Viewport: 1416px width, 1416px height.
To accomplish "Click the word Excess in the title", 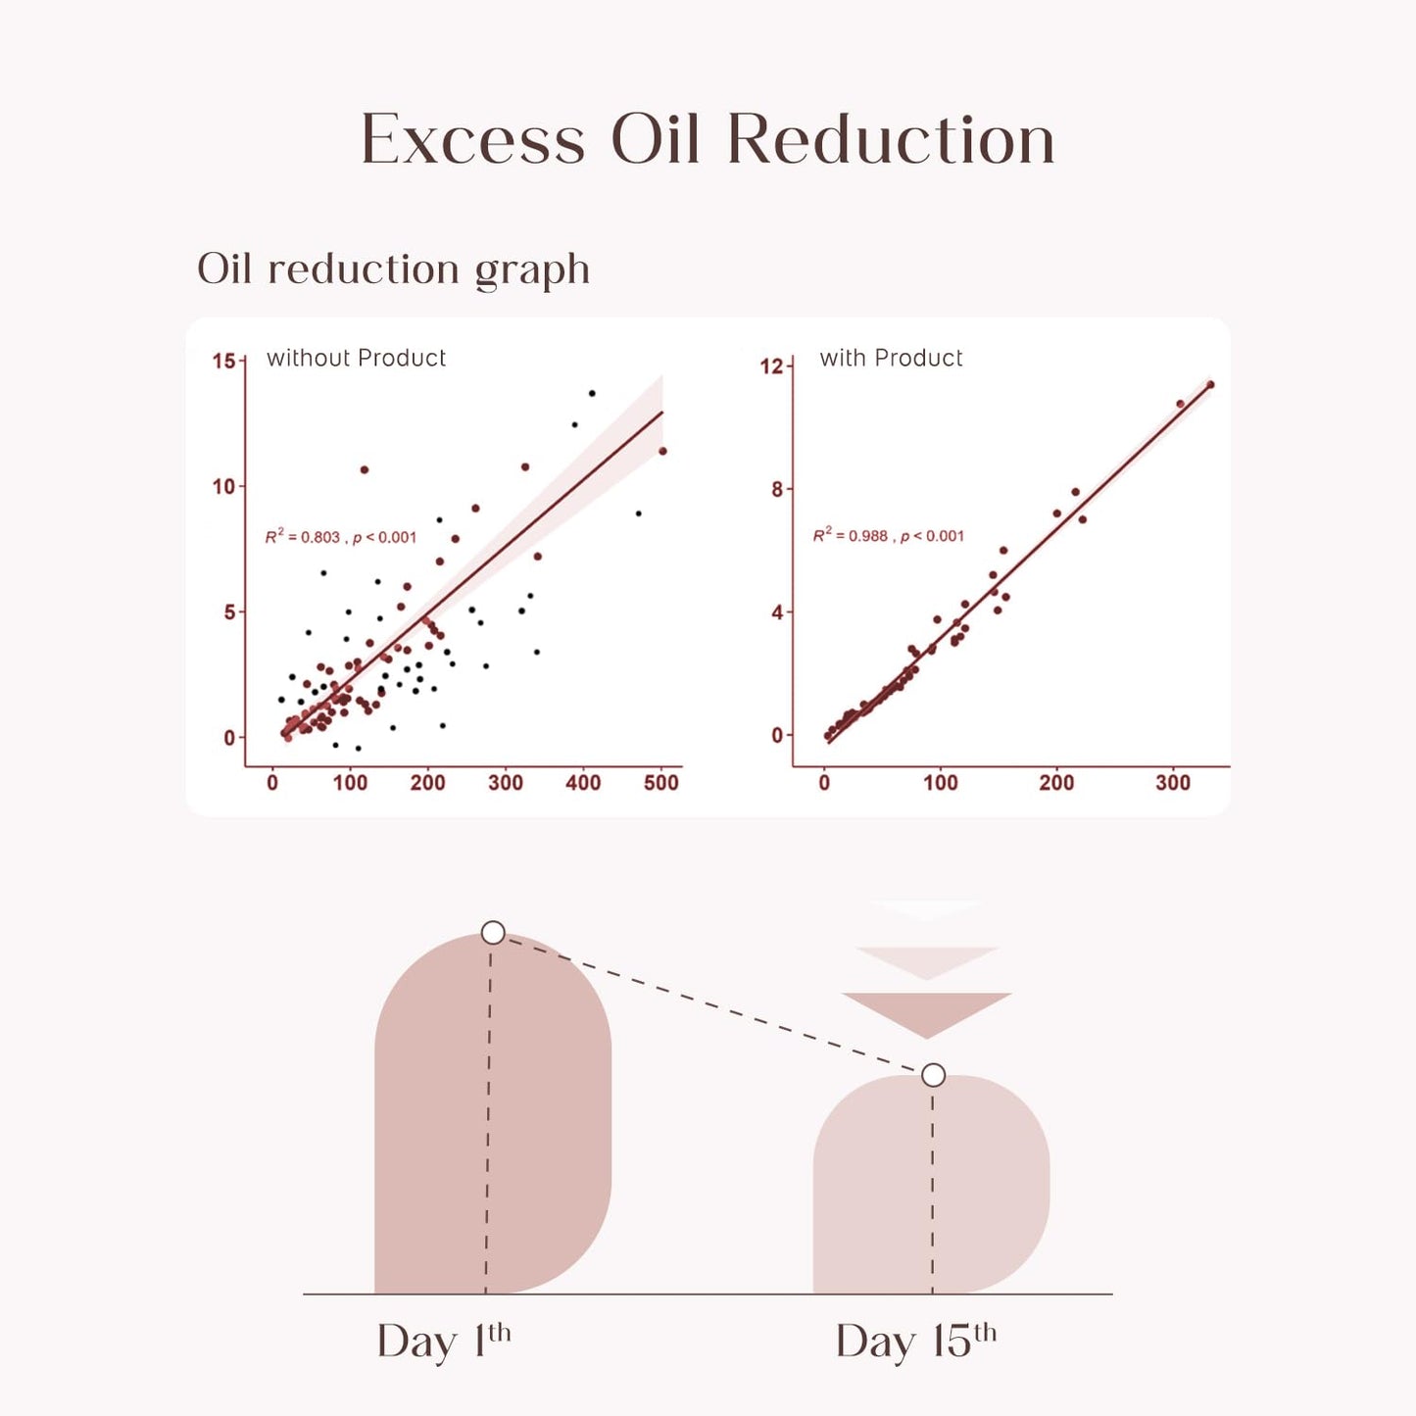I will click(x=472, y=140).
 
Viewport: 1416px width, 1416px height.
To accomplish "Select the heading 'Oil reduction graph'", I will click(x=393, y=269).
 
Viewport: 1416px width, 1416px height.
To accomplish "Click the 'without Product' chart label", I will click(x=356, y=359).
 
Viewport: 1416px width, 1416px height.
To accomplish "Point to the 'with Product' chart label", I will click(x=891, y=359).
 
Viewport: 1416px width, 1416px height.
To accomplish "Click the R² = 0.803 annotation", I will click(x=341, y=537).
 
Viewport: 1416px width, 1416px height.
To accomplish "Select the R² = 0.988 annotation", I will click(x=888, y=536).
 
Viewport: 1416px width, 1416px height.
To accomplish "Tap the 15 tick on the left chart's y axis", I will click(x=223, y=362).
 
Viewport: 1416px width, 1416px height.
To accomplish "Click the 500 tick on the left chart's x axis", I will click(x=660, y=783).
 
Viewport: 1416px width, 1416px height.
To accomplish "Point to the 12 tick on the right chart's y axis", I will click(x=771, y=366).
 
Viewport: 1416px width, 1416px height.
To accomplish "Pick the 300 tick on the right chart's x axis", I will click(x=1172, y=783).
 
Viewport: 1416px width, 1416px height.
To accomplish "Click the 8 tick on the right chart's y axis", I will click(x=777, y=489).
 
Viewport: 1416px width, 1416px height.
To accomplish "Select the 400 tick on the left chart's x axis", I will click(x=583, y=783).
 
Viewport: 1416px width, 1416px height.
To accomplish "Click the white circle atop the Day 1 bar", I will click(x=493, y=932).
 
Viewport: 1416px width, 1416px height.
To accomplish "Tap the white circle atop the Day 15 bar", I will click(x=933, y=1075).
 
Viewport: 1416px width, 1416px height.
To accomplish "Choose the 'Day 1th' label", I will click(x=443, y=1341).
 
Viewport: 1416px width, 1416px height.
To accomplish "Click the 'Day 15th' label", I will click(x=915, y=1341).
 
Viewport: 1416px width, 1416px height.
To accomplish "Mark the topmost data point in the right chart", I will click(x=1210, y=385).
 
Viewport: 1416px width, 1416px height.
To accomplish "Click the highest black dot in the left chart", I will click(x=592, y=393).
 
